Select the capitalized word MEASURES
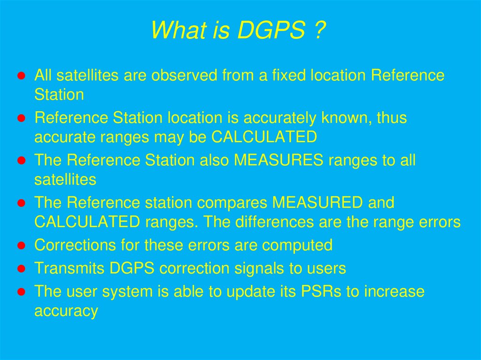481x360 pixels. click(279, 161)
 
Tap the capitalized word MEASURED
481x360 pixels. click(318, 203)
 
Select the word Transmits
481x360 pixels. click(70, 268)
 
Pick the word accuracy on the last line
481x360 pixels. click(66, 311)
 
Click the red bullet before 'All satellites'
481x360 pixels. click(21, 76)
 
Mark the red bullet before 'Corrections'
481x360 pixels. click(21, 245)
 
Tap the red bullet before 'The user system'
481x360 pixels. click(21, 292)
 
